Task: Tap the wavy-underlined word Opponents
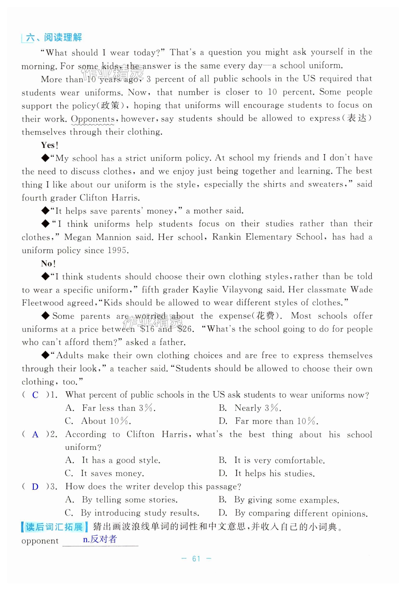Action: [x=93, y=119]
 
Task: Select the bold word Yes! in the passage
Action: [x=50, y=145]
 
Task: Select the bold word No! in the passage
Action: [x=48, y=264]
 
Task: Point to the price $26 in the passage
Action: [x=185, y=329]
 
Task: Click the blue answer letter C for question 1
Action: [x=35, y=395]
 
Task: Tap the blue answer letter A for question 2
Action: [x=35, y=434]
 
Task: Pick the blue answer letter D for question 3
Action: [x=35, y=487]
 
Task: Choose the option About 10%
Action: [x=106, y=421]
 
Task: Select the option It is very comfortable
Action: [x=279, y=461]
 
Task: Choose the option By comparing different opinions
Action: [x=301, y=513]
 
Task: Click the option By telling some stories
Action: [x=129, y=500]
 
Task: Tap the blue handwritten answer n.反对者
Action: [x=100, y=539]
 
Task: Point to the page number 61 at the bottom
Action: [x=196, y=559]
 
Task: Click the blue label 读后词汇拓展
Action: [x=54, y=527]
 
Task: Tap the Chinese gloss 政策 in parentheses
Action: [x=110, y=106]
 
